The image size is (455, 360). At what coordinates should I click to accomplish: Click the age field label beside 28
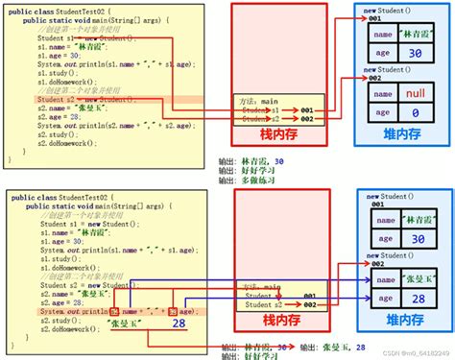click(x=384, y=300)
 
